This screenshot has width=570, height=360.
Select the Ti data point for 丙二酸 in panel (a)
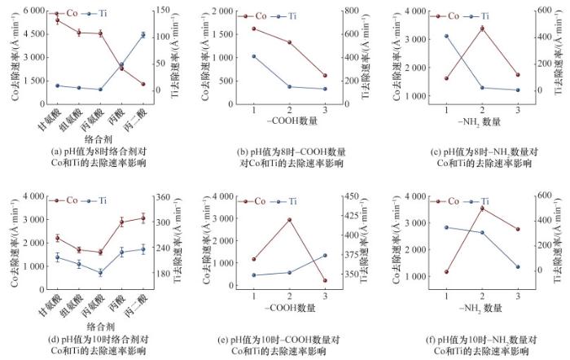click(x=143, y=35)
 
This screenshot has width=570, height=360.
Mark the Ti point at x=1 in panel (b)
click(x=254, y=56)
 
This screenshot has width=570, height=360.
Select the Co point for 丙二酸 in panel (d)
click(x=143, y=217)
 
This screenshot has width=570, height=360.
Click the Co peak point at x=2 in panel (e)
click(x=289, y=219)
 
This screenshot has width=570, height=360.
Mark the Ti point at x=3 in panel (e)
click(x=325, y=255)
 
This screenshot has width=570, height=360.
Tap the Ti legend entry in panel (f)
click(x=480, y=201)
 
